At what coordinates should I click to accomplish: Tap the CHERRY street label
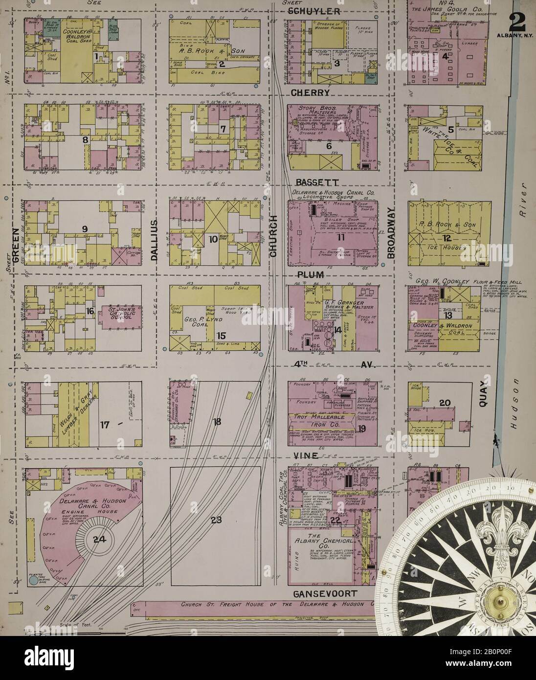316,92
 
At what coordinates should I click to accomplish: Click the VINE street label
306,455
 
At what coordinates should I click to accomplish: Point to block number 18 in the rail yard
217,421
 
